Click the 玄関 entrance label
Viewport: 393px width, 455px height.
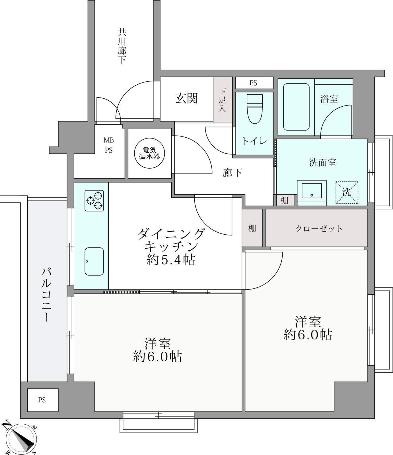(186, 98)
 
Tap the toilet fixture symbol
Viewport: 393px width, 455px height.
(254, 109)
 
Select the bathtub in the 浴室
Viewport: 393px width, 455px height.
(297, 107)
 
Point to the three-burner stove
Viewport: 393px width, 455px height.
(94, 200)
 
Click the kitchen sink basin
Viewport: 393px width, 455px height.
(94, 261)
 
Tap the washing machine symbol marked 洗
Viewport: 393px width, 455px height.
(347, 193)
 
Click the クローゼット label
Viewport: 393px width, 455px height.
(319, 228)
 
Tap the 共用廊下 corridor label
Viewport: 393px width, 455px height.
(122, 46)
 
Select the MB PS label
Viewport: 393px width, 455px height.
(108, 145)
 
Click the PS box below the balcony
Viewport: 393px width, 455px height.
(43, 400)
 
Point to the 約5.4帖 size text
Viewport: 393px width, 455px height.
(171, 260)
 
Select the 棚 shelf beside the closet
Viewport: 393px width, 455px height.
(252, 228)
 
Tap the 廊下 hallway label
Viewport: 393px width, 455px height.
(232, 173)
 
